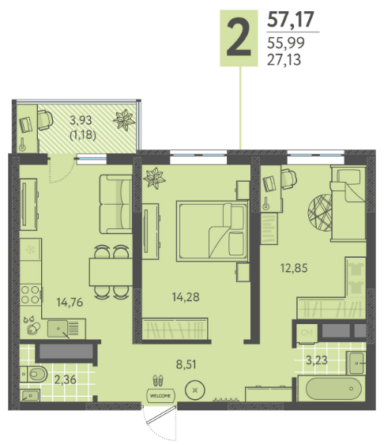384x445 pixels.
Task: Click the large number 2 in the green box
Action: (x=239, y=37)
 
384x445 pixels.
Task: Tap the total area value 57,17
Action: (x=291, y=19)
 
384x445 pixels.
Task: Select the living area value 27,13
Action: (x=284, y=60)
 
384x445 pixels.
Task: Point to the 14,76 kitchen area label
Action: (x=70, y=302)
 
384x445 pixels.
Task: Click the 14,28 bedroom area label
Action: (x=186, y=297)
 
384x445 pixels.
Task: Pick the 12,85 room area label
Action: (x=294, y=268)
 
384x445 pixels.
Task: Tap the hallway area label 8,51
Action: (x=186, y=364)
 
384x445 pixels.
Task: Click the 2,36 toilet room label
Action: (x=66, y=379)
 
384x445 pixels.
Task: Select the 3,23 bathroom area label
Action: (x=317, y=360)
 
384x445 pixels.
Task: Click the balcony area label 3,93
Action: (x=81, y=120)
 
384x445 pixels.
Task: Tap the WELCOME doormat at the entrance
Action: (x=160, y=395)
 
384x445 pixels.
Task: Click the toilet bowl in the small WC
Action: (x=36, y=374)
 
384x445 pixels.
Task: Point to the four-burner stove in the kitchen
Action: (x=30, y=295)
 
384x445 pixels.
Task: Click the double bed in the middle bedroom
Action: (x=212, y=231)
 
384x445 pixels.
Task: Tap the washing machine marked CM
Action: (x=307, y=333)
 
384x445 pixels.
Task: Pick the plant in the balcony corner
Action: (x=124, y=120)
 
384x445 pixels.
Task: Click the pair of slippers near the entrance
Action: (x=158, y=380)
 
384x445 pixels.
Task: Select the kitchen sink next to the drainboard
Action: (x=58, y=329)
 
